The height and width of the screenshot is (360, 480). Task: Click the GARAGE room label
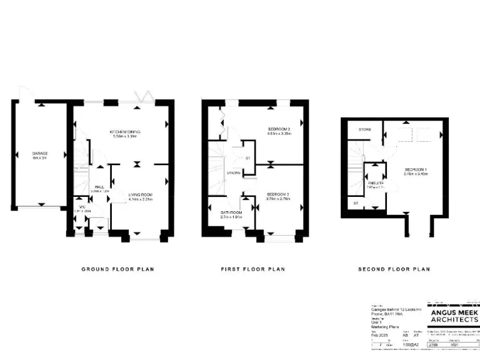point(41,153)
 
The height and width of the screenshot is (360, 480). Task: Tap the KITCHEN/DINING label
point(125,132)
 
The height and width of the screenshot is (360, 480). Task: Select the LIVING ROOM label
point(140,195)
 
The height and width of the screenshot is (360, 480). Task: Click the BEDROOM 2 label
point(279,130)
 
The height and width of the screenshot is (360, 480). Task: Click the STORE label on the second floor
point(365,129)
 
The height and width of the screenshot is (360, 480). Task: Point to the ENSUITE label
point(375,182)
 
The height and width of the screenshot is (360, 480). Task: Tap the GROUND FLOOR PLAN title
point(118,269)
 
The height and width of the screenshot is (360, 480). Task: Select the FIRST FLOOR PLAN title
point(252,269)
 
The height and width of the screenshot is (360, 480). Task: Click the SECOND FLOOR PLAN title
point(394,269)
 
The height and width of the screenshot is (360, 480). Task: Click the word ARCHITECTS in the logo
point(452,319)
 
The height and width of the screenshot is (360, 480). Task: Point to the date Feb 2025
point(379,335)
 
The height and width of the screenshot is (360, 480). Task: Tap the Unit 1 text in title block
point(377,322)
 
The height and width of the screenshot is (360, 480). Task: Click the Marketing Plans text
point(382,327)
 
